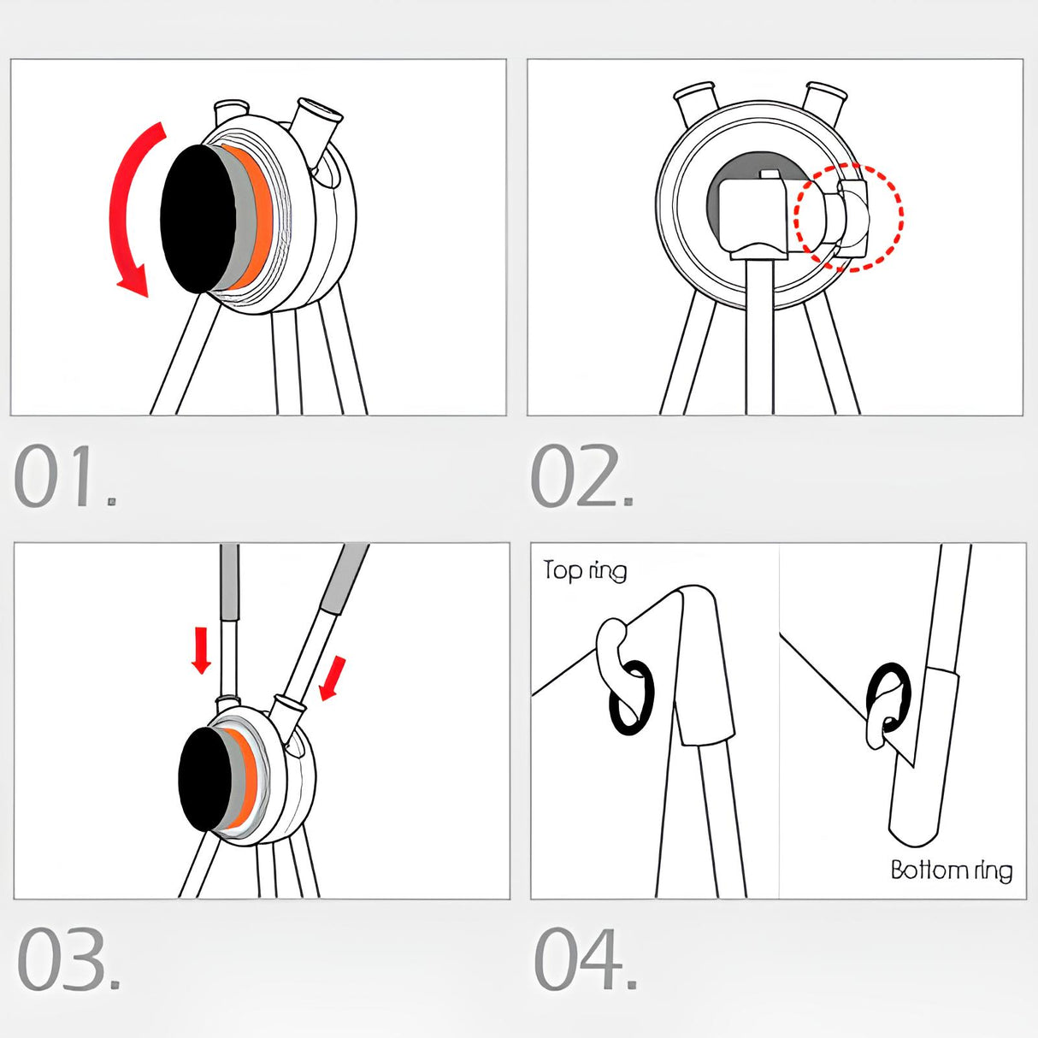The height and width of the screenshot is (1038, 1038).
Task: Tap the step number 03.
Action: pos(68,959)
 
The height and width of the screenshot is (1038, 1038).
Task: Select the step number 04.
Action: pos(586,959)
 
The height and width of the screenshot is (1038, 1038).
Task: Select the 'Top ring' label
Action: pos(585,570)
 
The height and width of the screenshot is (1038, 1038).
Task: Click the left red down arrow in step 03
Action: pos(202,649)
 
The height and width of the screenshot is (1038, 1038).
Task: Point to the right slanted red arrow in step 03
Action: pos(331,678)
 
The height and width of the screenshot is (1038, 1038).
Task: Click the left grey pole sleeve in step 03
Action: pos(229,583)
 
